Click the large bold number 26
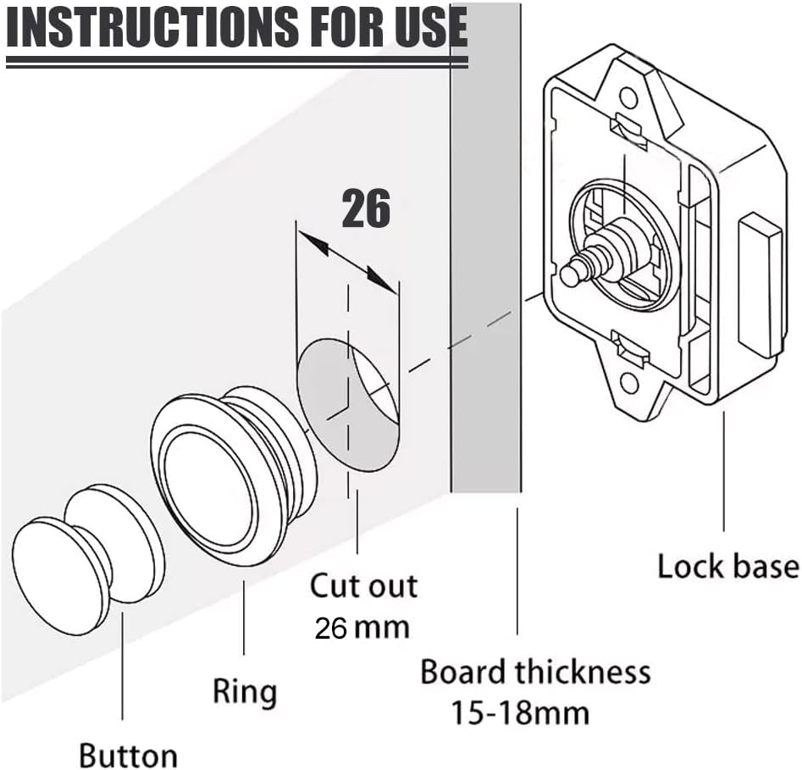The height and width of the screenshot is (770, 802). click(366, 209)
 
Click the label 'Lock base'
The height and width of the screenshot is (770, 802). click(727, 566)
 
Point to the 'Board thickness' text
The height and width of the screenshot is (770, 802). click(535, 672)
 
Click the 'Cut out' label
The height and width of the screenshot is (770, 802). click(363, 585)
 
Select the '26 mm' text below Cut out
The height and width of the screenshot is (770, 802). click(362, 628)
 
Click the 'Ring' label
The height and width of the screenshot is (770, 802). click(244, 691)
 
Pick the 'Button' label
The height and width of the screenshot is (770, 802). click(128, 755)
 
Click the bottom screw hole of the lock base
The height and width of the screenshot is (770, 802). click(629, 384)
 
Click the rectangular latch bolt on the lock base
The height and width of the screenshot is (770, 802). click(759, 285)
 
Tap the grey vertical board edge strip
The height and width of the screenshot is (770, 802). click(485, 254)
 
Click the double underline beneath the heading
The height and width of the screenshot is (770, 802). click(236, 61)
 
